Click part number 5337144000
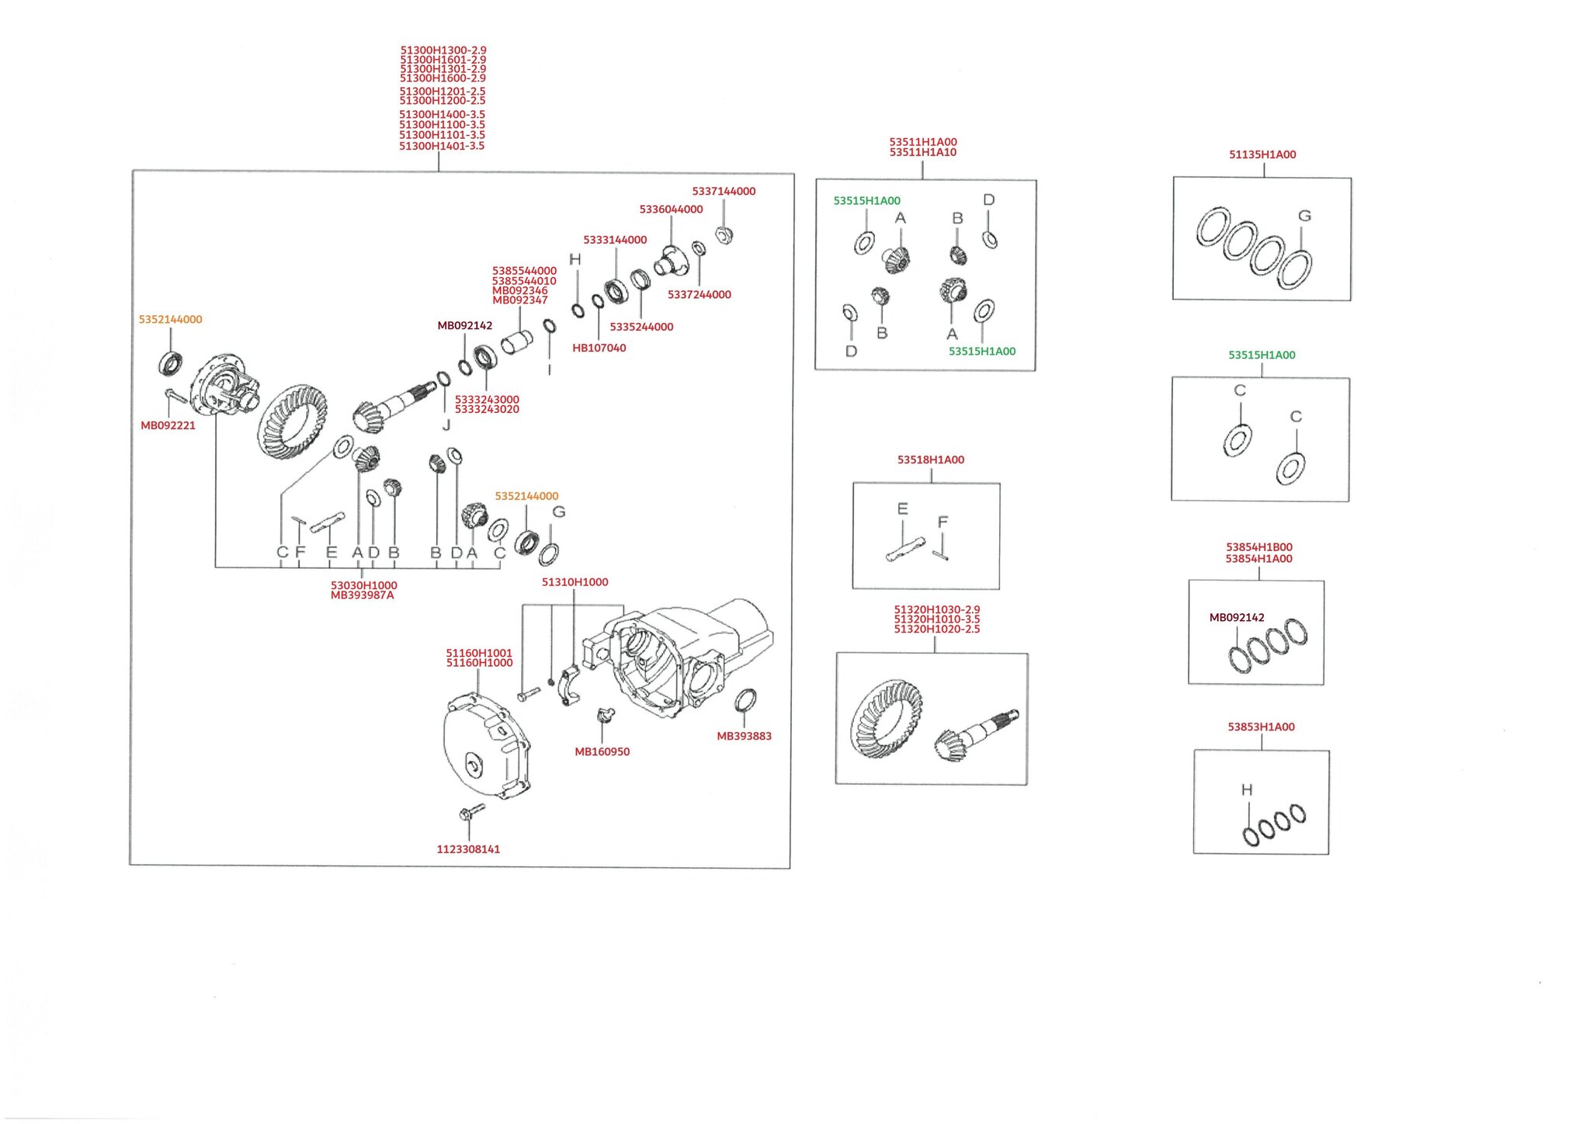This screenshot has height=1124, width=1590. coord(724,192)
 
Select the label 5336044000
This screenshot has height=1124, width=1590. coord(671,210)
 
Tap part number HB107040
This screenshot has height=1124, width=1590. coord(599,348)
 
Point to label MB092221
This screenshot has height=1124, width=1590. coord(168,425)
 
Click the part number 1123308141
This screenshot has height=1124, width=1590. coord(468,849)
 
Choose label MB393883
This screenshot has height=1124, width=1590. coord(744,736)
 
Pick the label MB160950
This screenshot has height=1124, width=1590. coord(602,751)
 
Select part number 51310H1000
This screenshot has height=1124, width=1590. coord(575,582)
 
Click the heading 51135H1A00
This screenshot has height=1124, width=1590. coord(1262,154)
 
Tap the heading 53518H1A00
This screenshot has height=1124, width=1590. coord(931,460)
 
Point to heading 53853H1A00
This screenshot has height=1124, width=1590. coord(1261,727)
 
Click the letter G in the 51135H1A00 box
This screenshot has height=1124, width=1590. coord(1304,216)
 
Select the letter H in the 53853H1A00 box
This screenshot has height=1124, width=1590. coord(1247,789)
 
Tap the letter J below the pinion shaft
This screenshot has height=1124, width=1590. coord(446,425)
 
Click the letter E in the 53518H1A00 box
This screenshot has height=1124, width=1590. coord(902,508)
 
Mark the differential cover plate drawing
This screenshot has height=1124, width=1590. coord(486,745)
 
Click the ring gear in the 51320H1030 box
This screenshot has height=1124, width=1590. coord(887,718)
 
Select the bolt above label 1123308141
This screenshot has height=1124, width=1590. coord(471,812)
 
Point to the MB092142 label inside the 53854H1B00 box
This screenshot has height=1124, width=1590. coord(1237,618)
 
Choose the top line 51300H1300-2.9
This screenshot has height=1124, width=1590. coord(443,50)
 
